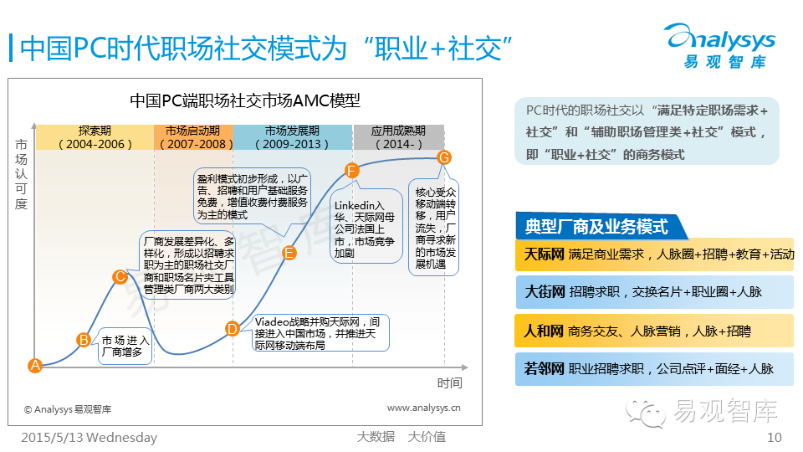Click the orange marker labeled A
pyautogui.click(x=35, y=365)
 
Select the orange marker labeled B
pyautogui.click(x=83, y=339)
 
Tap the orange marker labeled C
pyautogui.click(x=120, y=276)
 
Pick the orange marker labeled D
pyautogui.click(x=233, y=328)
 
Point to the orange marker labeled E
pyautogui.click(x=289, y=253)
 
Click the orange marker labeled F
pyautogui.click(x=352, y=171)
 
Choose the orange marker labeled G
pyautogui.click(x=444, y=157)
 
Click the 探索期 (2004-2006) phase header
pyautogui.click(x=95, y=137)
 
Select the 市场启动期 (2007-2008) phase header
pyautogui.click(x=193, y=137)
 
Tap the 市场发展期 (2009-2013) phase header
pyautogui.click(x=292, y=137)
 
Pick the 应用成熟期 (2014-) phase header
pyautogui.click(x=398, y=137)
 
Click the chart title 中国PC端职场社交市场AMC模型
pyautogui.click(x=245, y=100)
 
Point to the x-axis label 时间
pyautogui.click(x=449, y=383)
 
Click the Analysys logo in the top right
pyautogui.click(x=719, y=45)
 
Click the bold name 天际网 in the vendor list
pyautogui.click(x=544, y=254)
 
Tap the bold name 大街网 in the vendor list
pyautogui.click(x=544, y=292)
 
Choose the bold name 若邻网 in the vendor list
pyautogui.click(x=544, y=368)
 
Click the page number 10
pyautogui.click(x=774, y=437)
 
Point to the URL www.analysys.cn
pyautogui.click(x=423, y=408)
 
